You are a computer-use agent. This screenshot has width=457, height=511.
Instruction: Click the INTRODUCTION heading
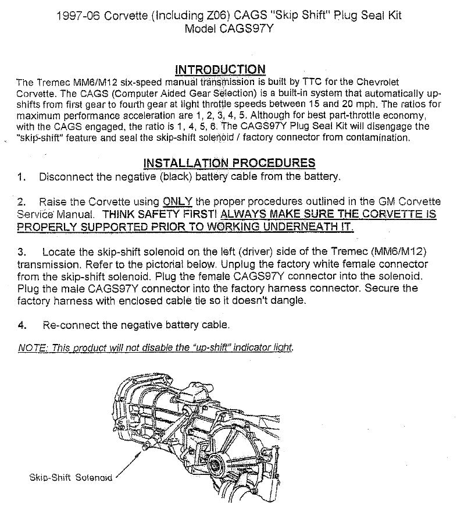pyautogui.click(x=220, y=69)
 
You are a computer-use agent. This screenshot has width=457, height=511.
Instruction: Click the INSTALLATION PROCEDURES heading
pyautogui.click(x=229, y=163)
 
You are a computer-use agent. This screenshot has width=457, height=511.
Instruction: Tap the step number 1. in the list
pyautogui.click(x=22, y=177)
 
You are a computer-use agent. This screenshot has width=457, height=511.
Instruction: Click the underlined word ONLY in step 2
pyautogui.click(x=177, y=202)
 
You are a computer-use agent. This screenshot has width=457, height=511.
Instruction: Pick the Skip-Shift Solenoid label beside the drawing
pyautogui.click(x=70, y=477)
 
